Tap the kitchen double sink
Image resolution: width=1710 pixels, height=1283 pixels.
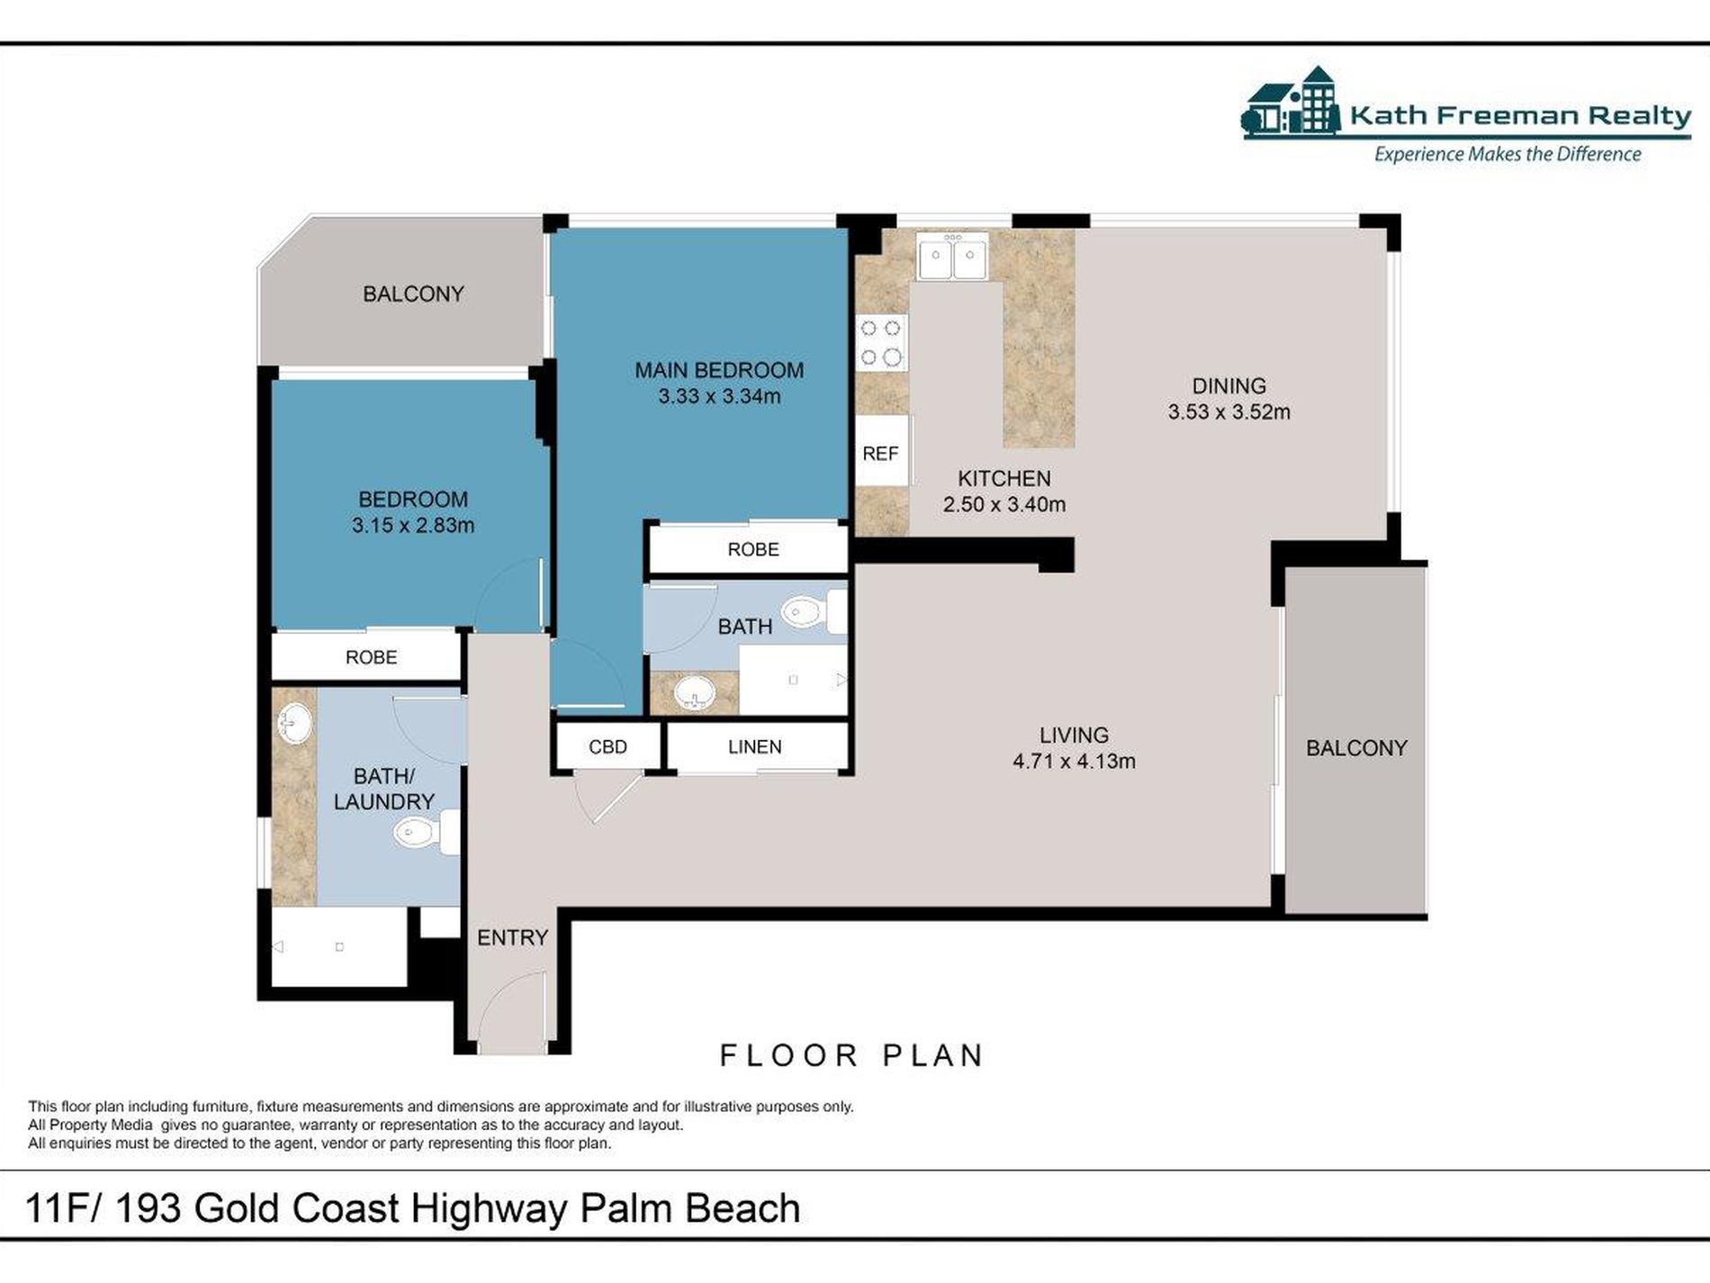pyautogui.click(x=952, y=256)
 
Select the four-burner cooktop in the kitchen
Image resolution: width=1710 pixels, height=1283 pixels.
pyautogui.click(x=881, y=342)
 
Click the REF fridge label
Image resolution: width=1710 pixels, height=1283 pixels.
pyautogui.click(x=880, y=454)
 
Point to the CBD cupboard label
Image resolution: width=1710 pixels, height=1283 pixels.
pyautogui.click(x=607, y=747)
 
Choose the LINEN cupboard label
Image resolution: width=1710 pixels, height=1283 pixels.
pyautogui.click(x=754, y=747)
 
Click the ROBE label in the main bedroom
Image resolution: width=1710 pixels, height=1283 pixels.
pyautogui.click(x=753, y=549)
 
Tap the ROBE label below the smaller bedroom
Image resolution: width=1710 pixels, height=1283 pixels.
pyautogui.click(x=371, y=657)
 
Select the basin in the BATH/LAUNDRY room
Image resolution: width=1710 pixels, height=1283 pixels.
pyautogui.click(x=294, y=723)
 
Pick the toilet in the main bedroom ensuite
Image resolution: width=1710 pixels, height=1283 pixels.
pyautogui.click(x=814, y=612)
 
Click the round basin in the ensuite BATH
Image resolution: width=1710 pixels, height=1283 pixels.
pyautogui.click(x=694, y=694)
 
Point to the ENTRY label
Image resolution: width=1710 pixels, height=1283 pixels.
pyautogui.click(x=512, y=938)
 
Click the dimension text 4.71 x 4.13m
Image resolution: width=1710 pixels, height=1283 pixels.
pyautogui.click(x=1074, y=762)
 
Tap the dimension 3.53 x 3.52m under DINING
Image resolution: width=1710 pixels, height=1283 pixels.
pyautogui.click(x=1228, y=412)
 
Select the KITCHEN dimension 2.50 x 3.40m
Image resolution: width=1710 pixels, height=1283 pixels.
pyautogui.click(x=1004, y=505)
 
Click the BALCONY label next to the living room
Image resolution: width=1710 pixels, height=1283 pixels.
pyautogui.click(x=1356, y=748)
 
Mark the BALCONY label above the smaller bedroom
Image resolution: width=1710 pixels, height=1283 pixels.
pyautogui.click(x=413, y=294)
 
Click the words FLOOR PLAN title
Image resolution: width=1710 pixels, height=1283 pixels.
pyautogui.click(x=851, y=1056)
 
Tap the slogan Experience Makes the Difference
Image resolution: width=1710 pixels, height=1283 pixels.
pyautogui.click(x=1507, y=155)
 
